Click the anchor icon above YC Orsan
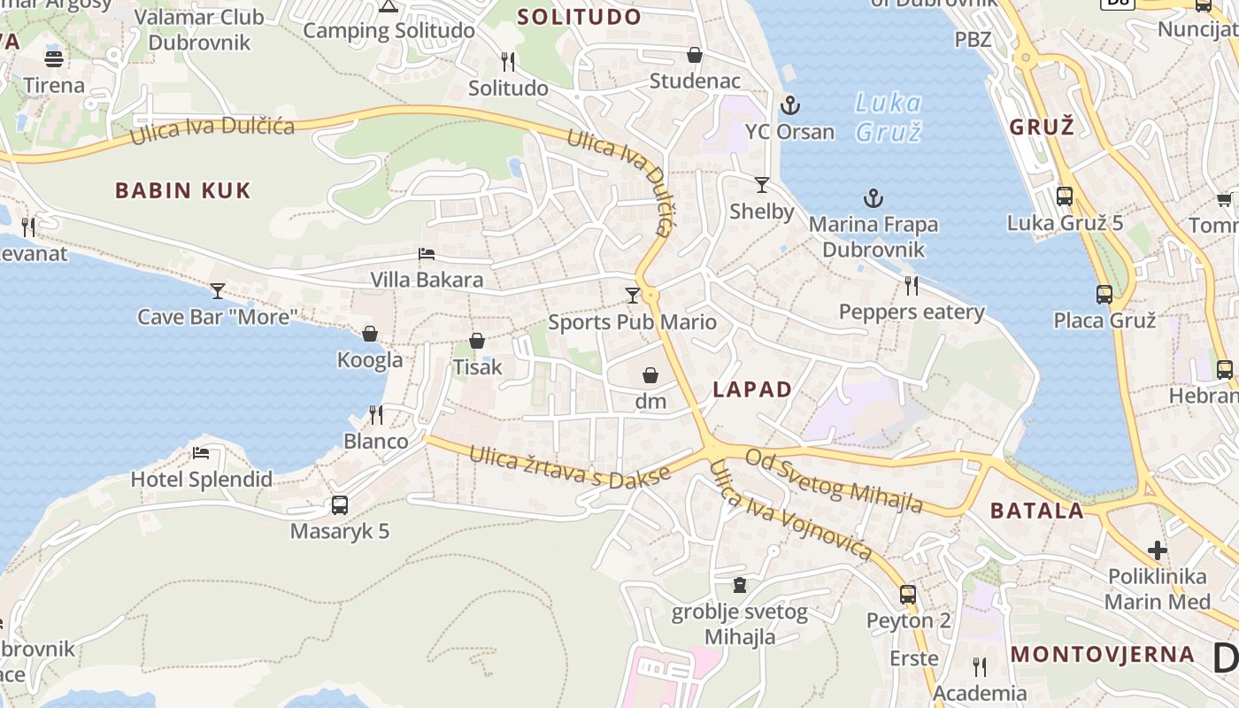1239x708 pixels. click(789, 106)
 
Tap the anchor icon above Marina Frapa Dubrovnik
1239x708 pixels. click(873, 198)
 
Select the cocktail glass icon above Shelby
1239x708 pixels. click(761, 185)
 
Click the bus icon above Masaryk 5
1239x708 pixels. click(340, 505)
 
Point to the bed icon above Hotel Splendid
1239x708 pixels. click(201, 454)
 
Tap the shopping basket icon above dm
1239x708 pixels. click(650, 375)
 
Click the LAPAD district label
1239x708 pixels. click(752, 389)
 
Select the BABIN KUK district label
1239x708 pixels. click(183, 190)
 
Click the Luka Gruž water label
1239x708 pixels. click(889, 117)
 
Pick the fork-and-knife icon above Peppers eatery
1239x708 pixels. click(912, 285)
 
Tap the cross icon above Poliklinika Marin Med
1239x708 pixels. click(1158, 550)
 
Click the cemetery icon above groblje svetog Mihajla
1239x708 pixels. click(740, 585)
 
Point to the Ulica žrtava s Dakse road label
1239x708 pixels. click(570, 466)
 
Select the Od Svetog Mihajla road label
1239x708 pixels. click(834, 481)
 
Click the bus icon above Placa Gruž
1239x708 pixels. click(1104, 295)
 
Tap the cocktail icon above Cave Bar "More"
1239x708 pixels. click(218, 290)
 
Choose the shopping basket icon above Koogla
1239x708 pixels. click(370, 334)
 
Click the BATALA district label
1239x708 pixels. click(1036, 510)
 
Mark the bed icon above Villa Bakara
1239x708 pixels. click(427, 254)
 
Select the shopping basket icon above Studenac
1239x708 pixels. click(695, 55)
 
